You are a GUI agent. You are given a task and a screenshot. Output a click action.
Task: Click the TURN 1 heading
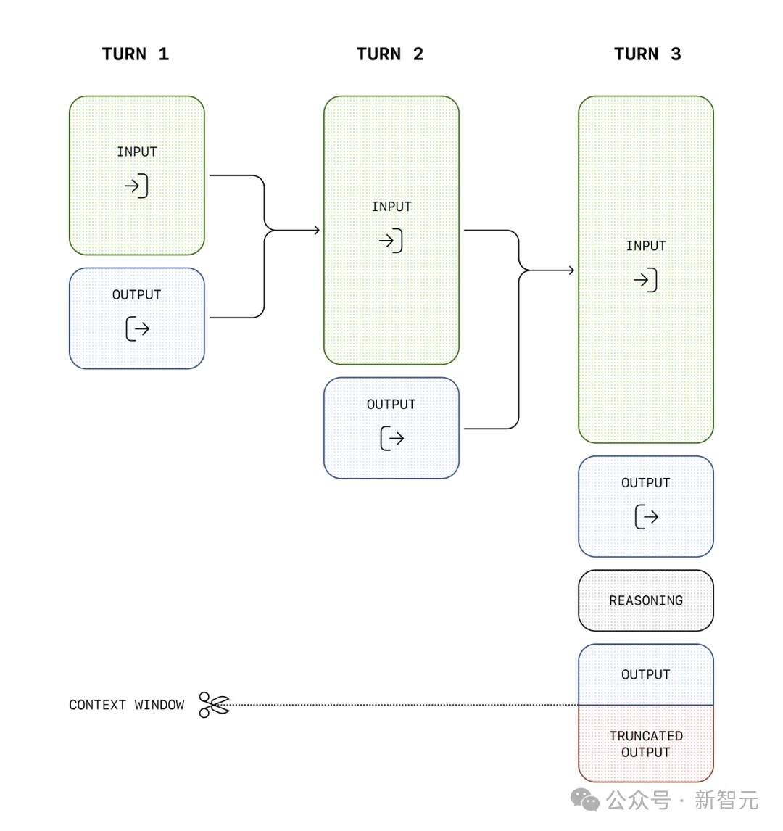[x=136, y=54]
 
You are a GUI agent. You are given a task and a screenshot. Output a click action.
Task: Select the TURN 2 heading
[x=390, y=54]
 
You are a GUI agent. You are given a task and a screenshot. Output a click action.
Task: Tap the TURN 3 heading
[x=647, y=54]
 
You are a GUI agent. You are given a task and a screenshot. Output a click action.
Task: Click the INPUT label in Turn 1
[x=137, y=152]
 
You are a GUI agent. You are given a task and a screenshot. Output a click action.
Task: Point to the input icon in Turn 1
[x=136, y=186]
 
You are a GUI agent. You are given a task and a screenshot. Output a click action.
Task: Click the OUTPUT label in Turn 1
[x=137, y=294]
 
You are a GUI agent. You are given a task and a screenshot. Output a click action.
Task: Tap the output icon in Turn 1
[x=138, y=328]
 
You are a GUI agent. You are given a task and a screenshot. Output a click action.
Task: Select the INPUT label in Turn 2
[x=391, y=207]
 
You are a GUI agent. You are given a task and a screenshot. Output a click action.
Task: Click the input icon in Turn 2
[x=391, y=241]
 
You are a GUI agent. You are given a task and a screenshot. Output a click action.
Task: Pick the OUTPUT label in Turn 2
[x=391, y=405]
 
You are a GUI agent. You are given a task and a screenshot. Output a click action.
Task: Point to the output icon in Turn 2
[x=392, y=438]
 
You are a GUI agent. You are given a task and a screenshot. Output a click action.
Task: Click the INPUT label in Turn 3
[x=646, y=246]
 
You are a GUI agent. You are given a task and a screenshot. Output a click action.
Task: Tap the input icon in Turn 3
[x=645, y=280]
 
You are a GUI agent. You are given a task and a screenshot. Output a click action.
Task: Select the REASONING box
[x=646, y=600]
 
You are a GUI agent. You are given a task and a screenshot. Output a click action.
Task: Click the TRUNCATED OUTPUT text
[x=646, y=744]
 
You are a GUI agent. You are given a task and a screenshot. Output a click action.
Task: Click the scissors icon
[x=214, y=705]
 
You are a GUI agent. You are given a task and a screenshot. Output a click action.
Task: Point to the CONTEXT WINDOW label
[x=127, y=705]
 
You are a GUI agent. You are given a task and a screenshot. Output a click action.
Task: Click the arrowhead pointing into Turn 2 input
[x=318, y=230]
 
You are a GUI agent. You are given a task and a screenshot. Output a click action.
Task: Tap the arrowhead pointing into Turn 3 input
[x=571, y=270]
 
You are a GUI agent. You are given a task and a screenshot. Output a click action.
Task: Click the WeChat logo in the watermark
[x=585, y=800]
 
